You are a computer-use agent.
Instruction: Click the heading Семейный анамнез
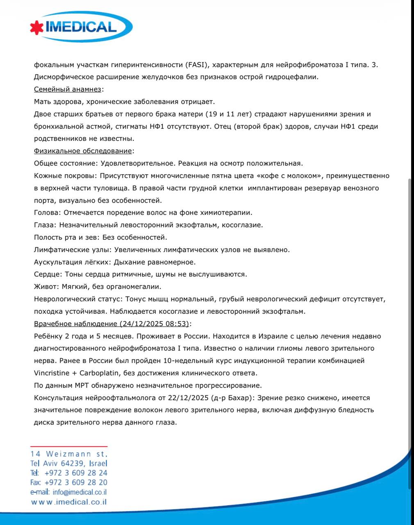click(x=67, y=89)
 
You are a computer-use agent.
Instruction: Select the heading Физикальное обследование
click(x=83, y=151)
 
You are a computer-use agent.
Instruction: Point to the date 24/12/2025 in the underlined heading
click(x=142, y=324)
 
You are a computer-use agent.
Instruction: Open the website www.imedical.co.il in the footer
click(x=69, y=502)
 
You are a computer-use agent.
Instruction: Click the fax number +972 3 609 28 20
click(x=76, y=482)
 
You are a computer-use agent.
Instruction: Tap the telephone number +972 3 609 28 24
click(x=76, y=473)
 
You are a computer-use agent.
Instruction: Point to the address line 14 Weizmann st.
click(x=69, y=454)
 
